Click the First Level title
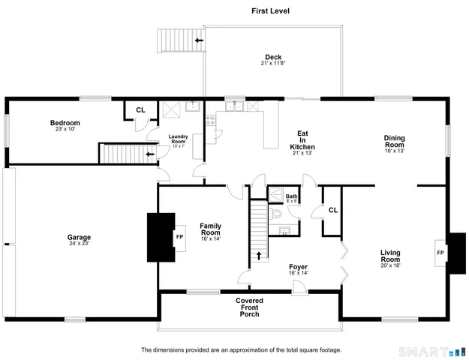(270, 11)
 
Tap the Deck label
(272, 57)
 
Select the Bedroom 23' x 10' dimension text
(65, 129)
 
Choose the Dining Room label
(395, 141)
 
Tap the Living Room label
(390, 257)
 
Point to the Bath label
(291, 196)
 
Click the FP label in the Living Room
(440, 253)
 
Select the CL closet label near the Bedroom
(140, 110)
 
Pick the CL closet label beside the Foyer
(332, 211)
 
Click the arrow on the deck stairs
(199, 40)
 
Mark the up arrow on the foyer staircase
(260, 256)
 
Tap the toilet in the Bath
(276, 214)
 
